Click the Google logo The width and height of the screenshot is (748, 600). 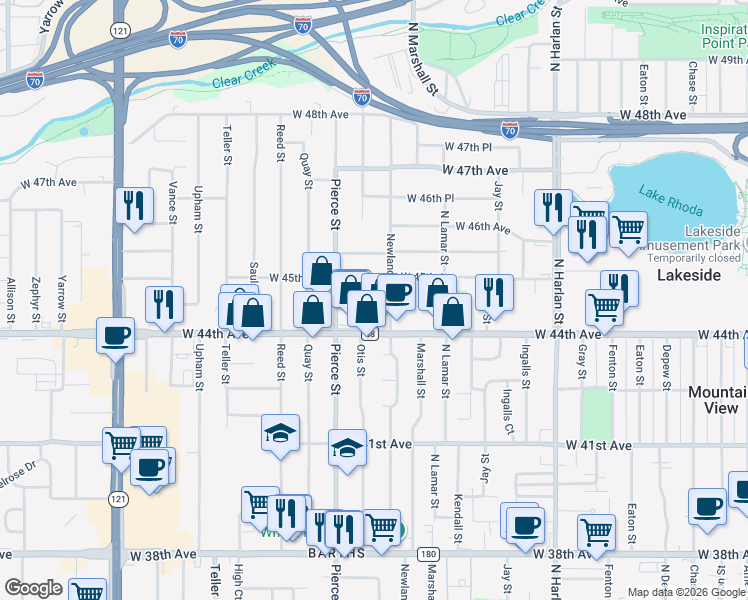click(x=33, y=588)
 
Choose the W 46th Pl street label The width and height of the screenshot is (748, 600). click(x=431, y=198)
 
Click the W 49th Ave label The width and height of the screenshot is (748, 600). click(x=719, y=60)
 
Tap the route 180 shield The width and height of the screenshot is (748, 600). click(x=428, y=553)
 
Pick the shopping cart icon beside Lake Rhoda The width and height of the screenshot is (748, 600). click(x=628, y=229)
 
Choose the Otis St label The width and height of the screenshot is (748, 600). click(x=361, y=362)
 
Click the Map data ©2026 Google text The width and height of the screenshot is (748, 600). click(x=685, y=592)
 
